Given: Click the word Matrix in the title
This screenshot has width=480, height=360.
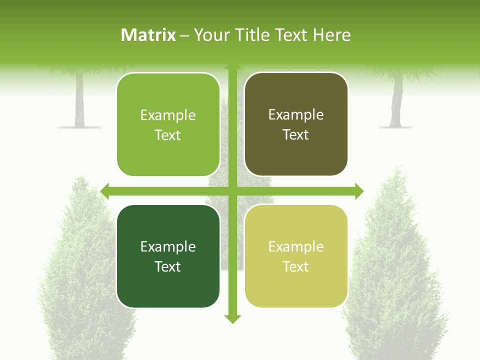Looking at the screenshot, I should point(148,35).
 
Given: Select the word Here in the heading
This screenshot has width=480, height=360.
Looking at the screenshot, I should point(332,35).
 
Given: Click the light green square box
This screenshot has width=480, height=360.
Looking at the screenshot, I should point(168,124).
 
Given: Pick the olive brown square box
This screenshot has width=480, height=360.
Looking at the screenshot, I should point(296,124).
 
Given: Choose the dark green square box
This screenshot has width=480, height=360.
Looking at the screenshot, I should point(168,256).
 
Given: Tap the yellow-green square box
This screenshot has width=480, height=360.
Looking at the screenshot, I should point(296,256).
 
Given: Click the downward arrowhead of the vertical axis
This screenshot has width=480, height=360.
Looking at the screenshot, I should point(232,319).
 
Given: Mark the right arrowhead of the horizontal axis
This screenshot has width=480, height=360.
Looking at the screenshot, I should point(359,191).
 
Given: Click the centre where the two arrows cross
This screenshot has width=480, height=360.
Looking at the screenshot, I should point(232,191).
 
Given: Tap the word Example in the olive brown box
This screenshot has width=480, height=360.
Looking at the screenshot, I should point(296,115).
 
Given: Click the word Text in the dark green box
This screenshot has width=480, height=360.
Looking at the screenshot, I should point(168,266).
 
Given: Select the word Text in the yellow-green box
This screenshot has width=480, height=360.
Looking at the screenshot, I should point(296,266).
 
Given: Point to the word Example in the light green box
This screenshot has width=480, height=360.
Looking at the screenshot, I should point(168,115).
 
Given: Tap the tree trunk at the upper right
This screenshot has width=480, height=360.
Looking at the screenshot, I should point(397,102).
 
